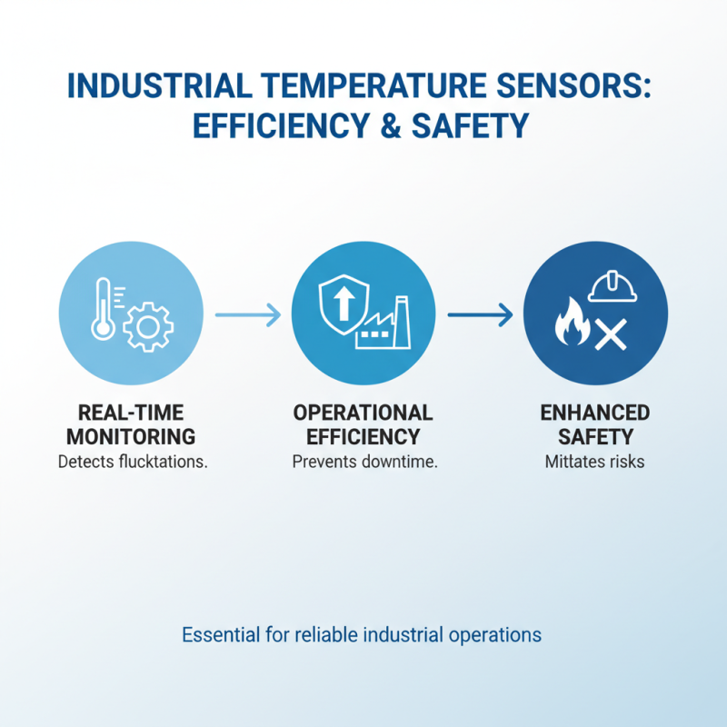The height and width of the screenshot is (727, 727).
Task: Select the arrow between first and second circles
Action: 247,315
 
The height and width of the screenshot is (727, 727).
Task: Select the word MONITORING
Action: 131,437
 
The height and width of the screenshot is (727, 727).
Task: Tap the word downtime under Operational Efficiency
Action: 399,462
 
